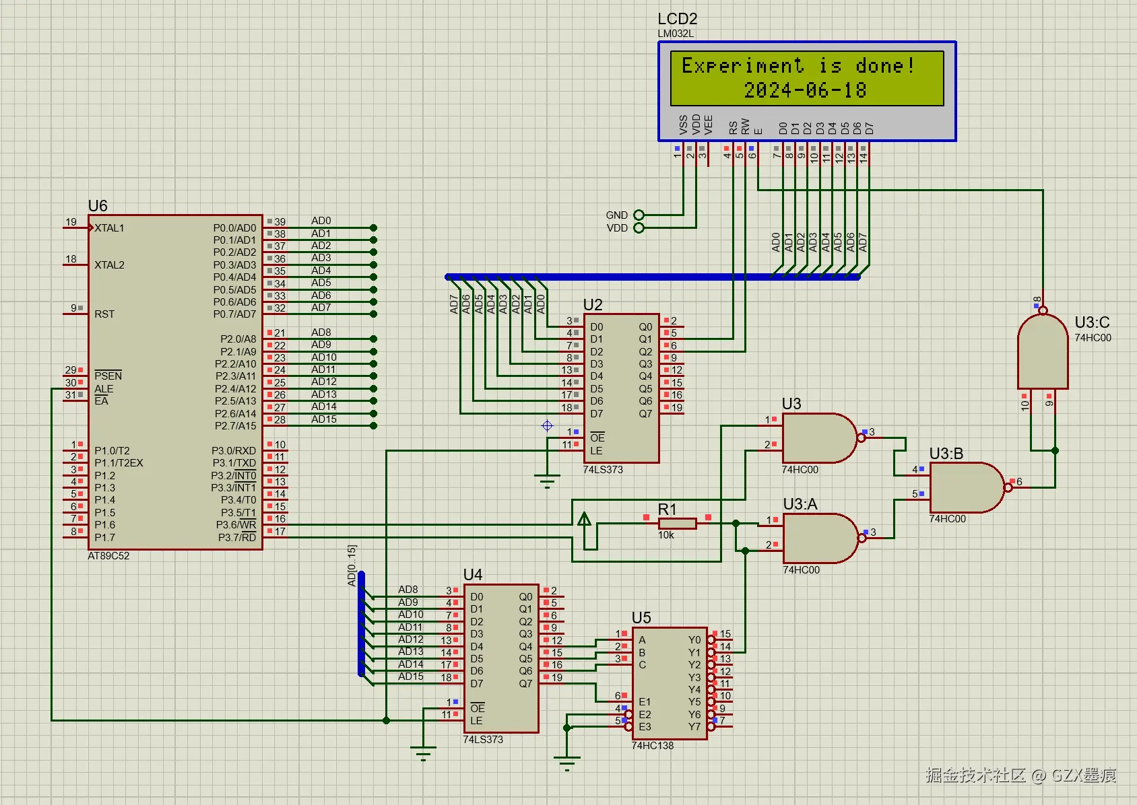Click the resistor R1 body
coord(677,523)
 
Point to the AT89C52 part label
coord(108,556)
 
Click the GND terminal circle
coord(639,215)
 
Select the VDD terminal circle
coord(639,228)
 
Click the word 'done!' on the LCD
coord(885,66)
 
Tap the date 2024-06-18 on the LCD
coord(805,90)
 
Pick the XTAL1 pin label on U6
coord(109,228)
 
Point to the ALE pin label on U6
coord(104,389)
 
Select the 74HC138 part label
coord(652,746)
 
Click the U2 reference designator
coord(593,305)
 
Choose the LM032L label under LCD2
coord(676,34)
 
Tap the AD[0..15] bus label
coord(351,565)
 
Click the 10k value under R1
coord(666,535)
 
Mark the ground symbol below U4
coord(423,755)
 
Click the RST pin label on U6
coord(104,314)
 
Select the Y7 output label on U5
coord(694,727)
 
